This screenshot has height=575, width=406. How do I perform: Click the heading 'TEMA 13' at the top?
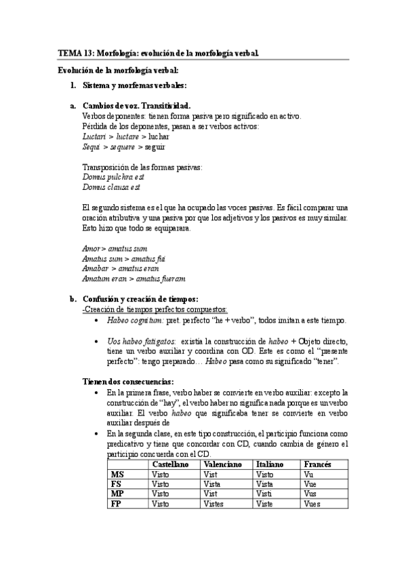(76, 52)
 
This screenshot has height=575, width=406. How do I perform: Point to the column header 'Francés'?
(319, 464)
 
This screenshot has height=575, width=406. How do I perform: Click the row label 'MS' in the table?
(117, 475)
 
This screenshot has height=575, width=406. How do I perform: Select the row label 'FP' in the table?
(116, 504)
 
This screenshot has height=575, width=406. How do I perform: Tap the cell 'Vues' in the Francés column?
(313, 504)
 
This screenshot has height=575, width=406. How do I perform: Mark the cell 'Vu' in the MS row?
(310, 475)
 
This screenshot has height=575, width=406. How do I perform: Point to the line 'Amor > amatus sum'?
(114, 249)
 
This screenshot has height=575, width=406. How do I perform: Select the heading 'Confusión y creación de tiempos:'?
(140, 298)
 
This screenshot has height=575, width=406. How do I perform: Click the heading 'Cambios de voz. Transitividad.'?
(136, 106)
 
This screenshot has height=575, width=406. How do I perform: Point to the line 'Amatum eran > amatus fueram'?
(134, 279)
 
